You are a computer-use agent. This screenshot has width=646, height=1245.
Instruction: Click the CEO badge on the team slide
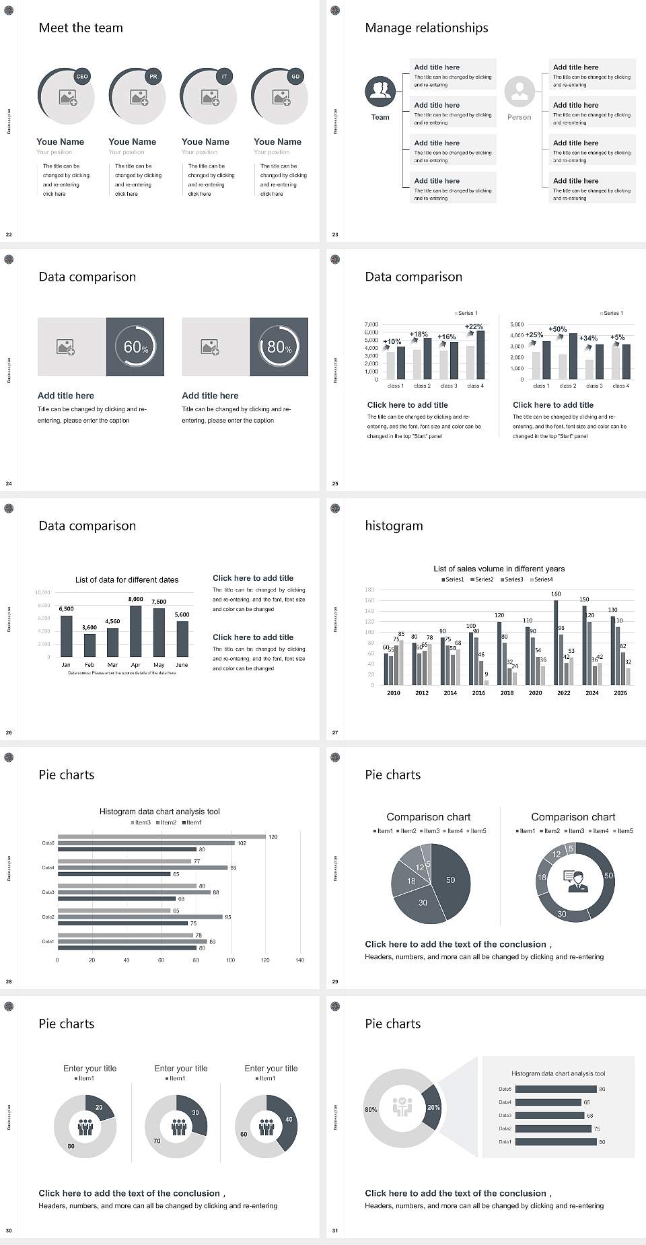(x=82, y=77)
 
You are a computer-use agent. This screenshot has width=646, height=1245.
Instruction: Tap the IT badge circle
(x=225, y=77)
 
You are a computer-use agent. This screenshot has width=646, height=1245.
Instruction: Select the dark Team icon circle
(x=380, y=91)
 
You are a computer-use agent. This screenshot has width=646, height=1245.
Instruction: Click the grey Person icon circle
(x=519, y=91)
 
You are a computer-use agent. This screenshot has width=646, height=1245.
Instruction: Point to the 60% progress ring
(x=135, y=347)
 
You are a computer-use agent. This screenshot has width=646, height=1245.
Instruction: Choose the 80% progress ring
(x=279, y=347)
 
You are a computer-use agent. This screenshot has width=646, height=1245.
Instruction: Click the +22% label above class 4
(x=474, y=326)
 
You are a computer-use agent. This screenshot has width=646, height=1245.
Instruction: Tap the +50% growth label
(x=557, y=329)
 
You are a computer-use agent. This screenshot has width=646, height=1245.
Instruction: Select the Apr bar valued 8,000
(x=136, y=631)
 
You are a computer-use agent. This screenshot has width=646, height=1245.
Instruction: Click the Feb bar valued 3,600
(x=89, y=645)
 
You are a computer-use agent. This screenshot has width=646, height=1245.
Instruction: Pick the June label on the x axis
(x=182, y=665)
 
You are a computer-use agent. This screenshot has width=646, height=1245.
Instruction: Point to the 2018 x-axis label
(x=507, y=693)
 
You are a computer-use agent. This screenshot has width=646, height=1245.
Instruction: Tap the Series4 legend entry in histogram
(x=542, y=579)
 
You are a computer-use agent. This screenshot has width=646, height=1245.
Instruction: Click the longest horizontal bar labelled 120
(x=161, y=837)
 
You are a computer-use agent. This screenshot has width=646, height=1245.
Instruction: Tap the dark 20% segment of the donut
(x=433, y=1107)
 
